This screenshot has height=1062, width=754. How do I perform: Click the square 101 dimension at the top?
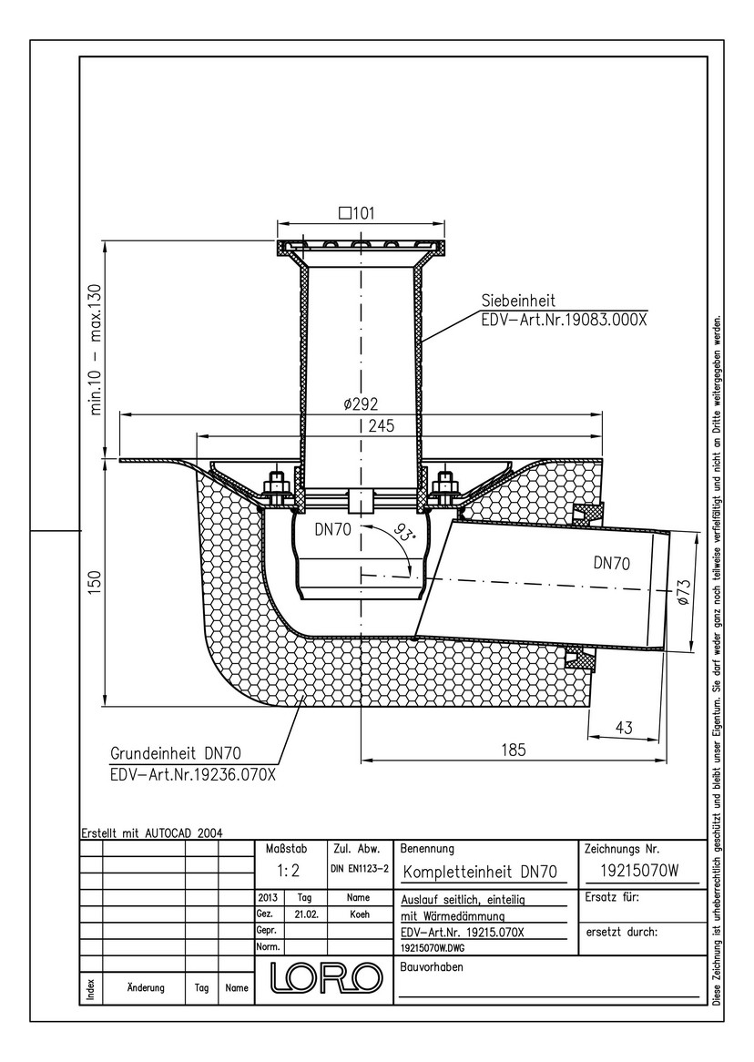[356, 213]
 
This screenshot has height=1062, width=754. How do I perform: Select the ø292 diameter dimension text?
[362, 404]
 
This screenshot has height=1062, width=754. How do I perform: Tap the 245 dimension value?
[382, 426]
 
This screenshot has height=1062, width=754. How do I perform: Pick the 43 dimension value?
[624, 728]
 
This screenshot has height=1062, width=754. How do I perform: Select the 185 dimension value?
[513, 750]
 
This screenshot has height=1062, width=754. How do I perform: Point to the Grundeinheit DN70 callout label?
[176, 753]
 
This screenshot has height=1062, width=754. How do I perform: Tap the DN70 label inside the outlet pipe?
[612, 563]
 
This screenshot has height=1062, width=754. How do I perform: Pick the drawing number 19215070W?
[639, 872]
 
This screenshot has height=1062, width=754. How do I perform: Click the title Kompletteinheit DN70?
[480, 872]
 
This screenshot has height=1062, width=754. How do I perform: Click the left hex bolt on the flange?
[275, 485]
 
